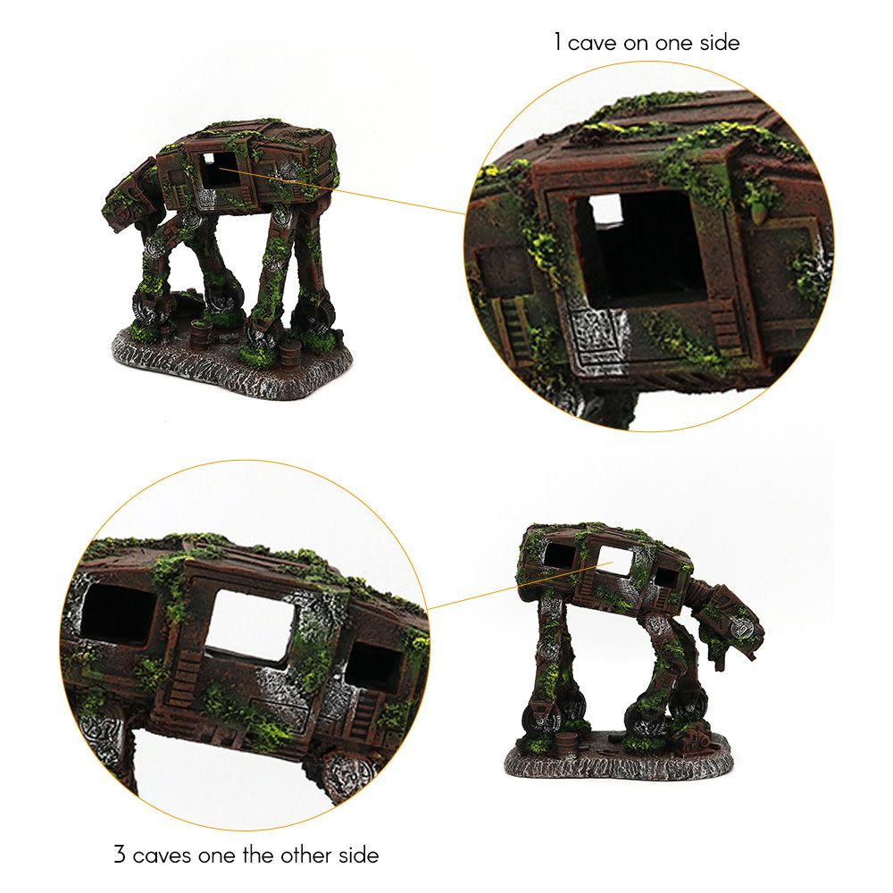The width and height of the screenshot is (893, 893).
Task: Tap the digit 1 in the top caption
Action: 558,43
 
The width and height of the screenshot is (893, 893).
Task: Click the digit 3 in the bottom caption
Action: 120,855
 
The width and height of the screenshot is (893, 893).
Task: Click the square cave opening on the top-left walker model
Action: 218,169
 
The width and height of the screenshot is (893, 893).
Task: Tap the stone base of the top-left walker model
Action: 231,363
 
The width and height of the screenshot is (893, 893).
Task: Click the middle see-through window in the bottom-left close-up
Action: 251,625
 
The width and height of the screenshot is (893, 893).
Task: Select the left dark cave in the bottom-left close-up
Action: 117,619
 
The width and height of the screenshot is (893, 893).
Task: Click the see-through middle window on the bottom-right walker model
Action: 614,561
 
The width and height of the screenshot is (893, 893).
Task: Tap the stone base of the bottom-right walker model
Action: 617,756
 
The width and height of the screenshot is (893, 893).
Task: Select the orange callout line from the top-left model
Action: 342,191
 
